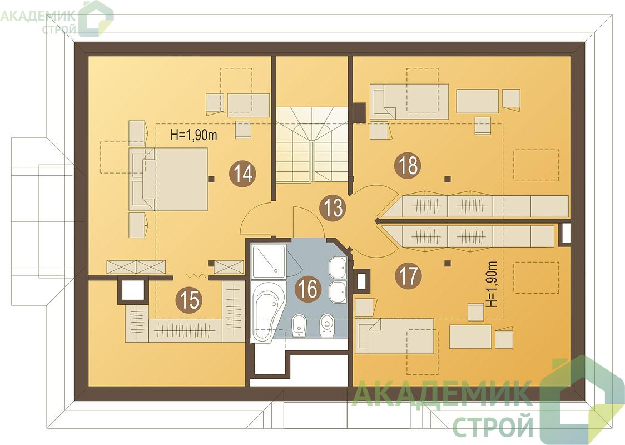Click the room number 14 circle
[242, 174]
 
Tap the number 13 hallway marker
[333, 207]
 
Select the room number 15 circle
[189, 299]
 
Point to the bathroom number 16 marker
[307, 289]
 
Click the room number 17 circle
[408, 275]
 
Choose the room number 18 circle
[408, 165]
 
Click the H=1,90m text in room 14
[194, 135]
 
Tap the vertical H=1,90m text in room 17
[493, 284]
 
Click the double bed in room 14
[168, 179]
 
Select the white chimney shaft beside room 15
[132, 291]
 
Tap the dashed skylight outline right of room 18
[535, 165]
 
